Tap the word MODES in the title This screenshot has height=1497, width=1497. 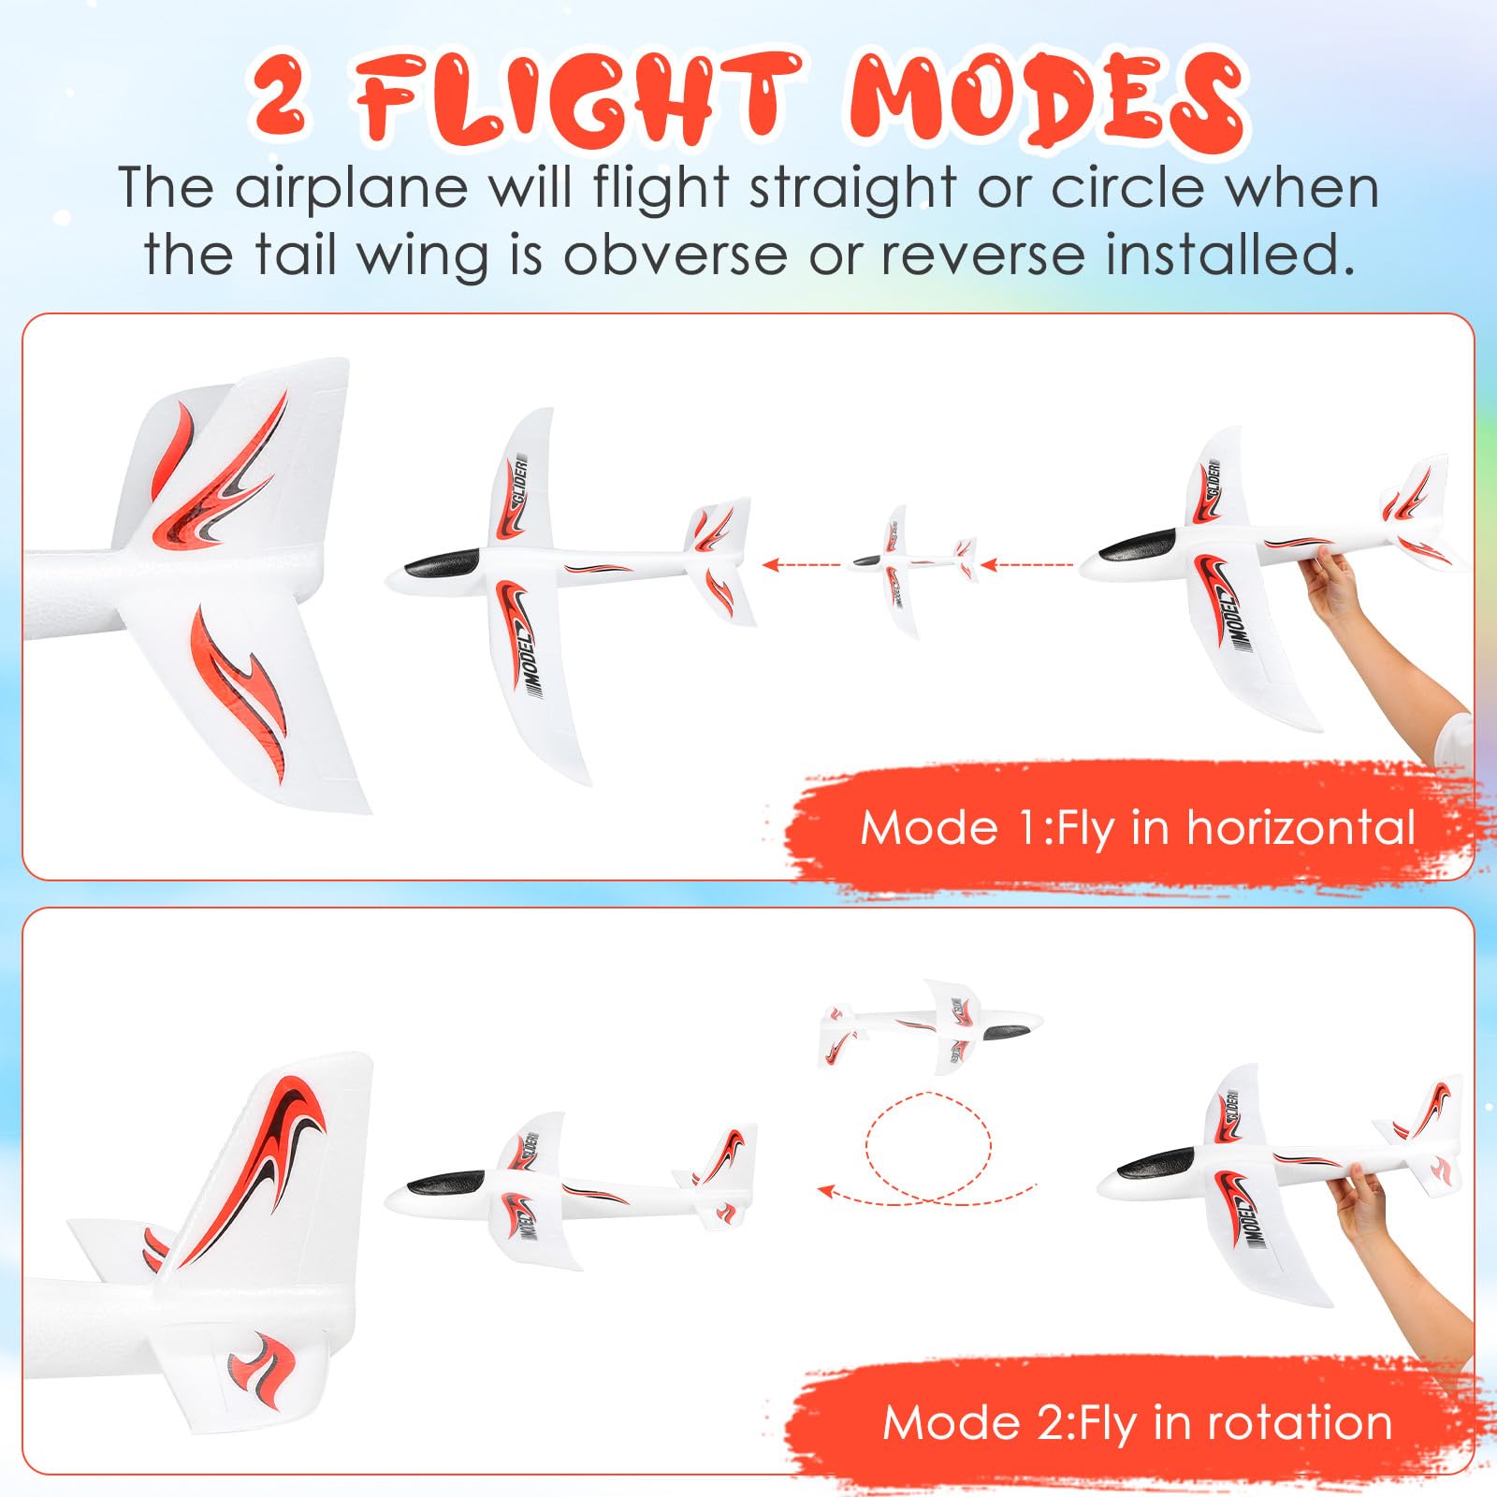point(1047,103)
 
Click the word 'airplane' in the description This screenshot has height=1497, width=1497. point(350,188)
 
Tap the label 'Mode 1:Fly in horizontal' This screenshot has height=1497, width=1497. point(1138,829)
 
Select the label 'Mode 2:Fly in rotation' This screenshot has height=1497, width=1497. point(1138,1423)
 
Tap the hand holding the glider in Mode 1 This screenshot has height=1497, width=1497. point(1333,585)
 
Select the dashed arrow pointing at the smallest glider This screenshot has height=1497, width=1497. point(1026,564)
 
